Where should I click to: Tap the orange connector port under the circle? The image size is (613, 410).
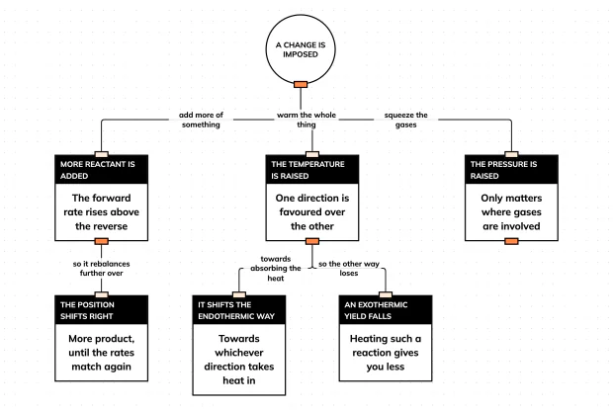point(301,84)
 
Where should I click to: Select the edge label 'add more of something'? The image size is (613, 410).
point(201,120)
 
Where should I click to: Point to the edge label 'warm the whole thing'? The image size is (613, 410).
point(306,120)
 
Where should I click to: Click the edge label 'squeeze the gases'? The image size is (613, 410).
point(405,120)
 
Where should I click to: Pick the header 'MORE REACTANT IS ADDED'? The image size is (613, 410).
point(97,170)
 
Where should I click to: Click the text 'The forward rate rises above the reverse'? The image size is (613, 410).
point(101,212)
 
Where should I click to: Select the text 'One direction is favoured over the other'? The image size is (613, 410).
point(312,212)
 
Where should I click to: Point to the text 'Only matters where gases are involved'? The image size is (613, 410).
point(511,212)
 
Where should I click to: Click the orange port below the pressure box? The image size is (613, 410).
point(511,241)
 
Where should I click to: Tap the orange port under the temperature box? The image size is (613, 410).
point(312,241)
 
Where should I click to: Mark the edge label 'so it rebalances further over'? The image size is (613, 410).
point(101,269)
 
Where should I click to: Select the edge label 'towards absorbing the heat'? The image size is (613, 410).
point(276,269)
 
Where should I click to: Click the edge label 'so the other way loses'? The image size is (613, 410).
point(349,269)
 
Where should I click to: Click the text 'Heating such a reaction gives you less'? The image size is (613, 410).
point(386,353)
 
